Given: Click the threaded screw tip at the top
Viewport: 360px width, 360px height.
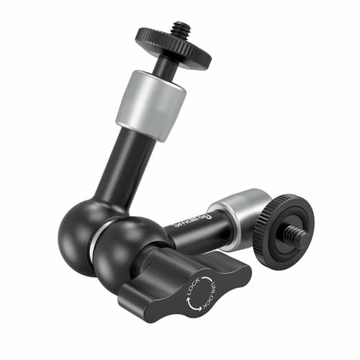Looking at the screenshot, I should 178,30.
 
